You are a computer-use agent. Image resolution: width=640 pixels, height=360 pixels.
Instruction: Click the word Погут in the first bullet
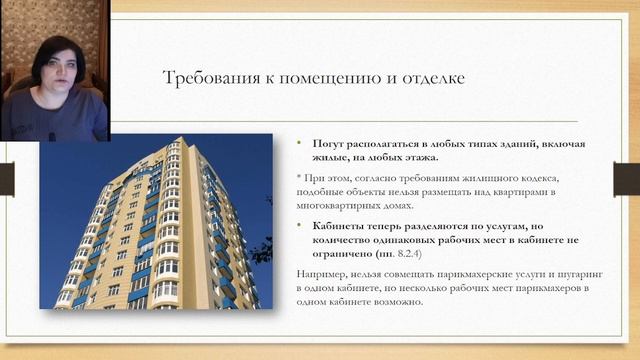pyautogui.click(x=328, y=143)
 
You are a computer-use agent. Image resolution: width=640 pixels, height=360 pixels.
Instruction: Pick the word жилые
pyautogui.click(x=330, y=157)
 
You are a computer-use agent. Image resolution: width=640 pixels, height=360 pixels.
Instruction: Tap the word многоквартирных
pyautogui.click(x=349, y=204)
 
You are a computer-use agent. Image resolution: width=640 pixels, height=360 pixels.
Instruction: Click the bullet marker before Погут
pyautogui.click(x=299, y=143)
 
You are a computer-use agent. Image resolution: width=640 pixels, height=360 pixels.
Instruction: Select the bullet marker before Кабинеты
pyautogui.click(x=299, y=226)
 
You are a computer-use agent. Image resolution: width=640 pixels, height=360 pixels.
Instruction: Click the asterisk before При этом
pyautogui.click(x=298, y=176)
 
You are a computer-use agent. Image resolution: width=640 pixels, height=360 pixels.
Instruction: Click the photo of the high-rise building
pyautogui.click(x=156, y=220)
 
